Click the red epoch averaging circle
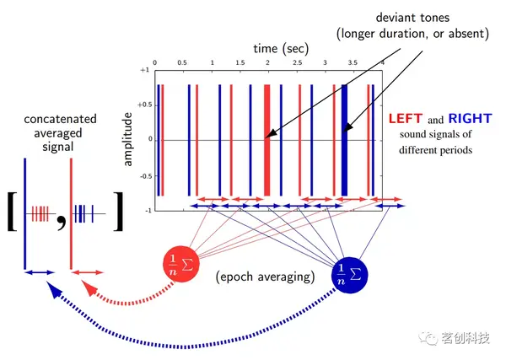pyautogui.click(x=180, y=269)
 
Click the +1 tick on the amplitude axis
pyautogui.click(x=144, y=72)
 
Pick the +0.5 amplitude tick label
pyautogui.click(x=143, y=105)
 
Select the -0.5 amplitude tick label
pyautogui.click(x=143, y=176)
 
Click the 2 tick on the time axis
pyautogui.click(x=268, y=64)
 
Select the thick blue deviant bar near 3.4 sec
pyautogui.click(x=344, y=139)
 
